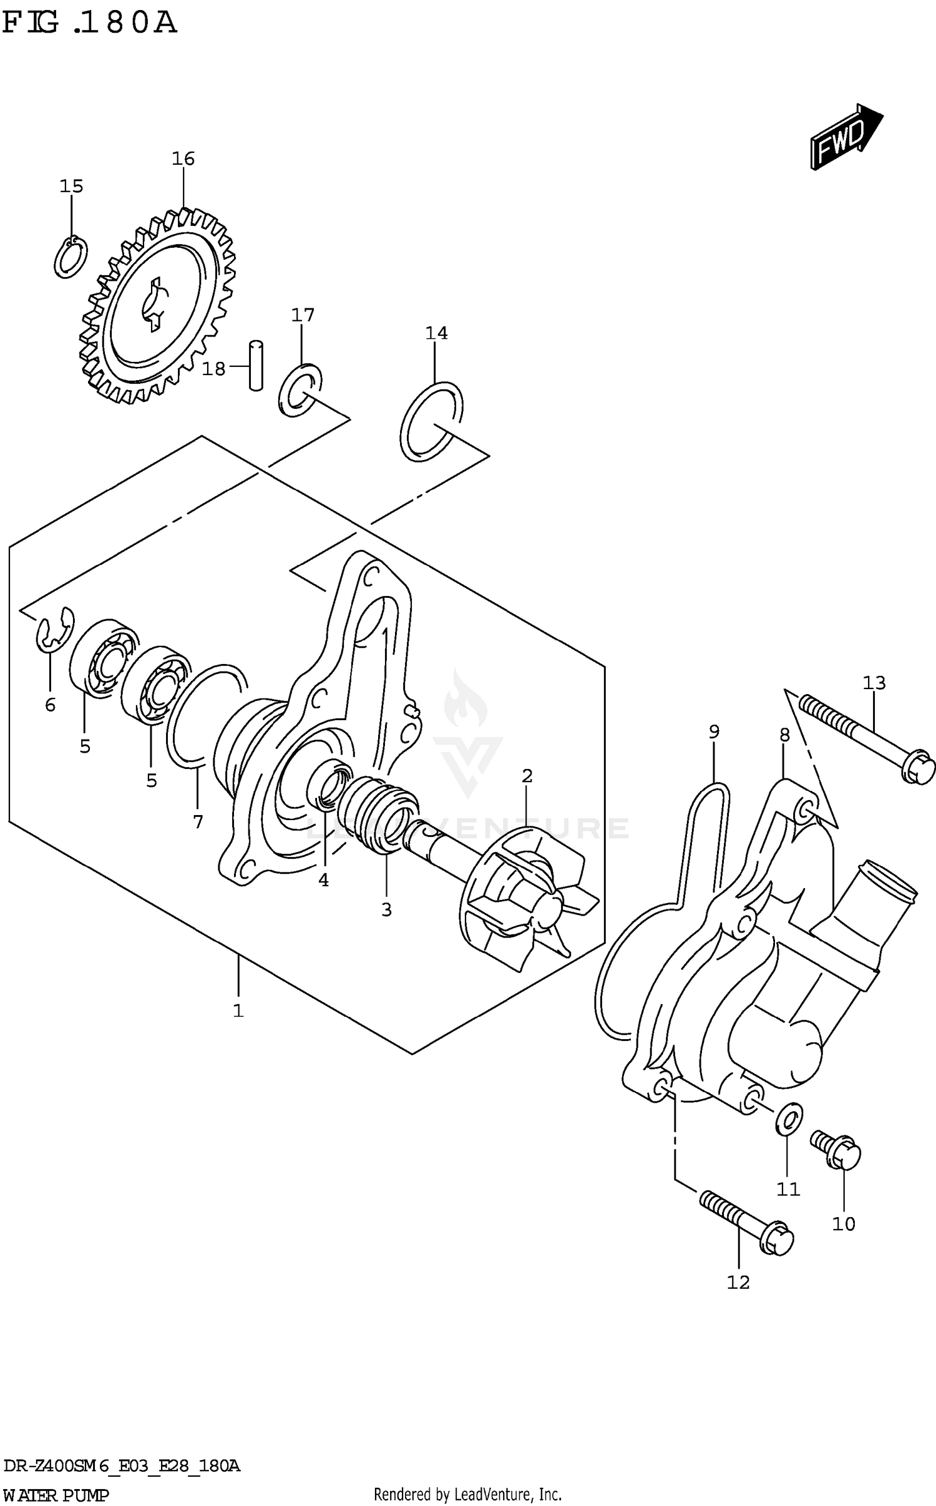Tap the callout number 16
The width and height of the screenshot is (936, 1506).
click(x=183, y=159)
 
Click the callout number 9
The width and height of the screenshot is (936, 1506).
click(x=714, y=731)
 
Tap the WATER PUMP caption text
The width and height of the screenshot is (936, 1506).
click(x=56, y=1495)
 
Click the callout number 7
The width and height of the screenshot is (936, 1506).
click(x=198, y=822)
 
